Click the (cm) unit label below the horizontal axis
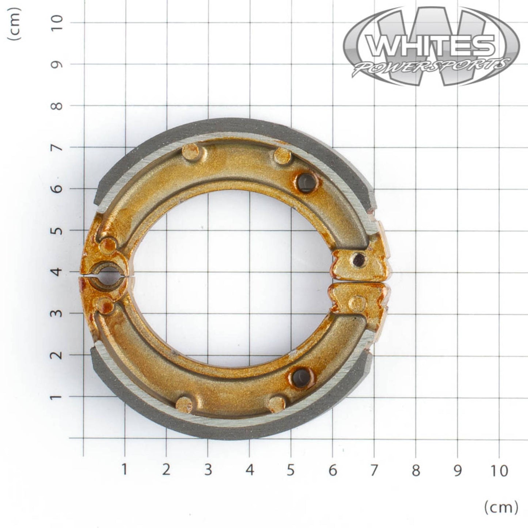[501, 506]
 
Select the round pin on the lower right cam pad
[357, 302]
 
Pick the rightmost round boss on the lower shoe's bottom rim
[277, 403]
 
